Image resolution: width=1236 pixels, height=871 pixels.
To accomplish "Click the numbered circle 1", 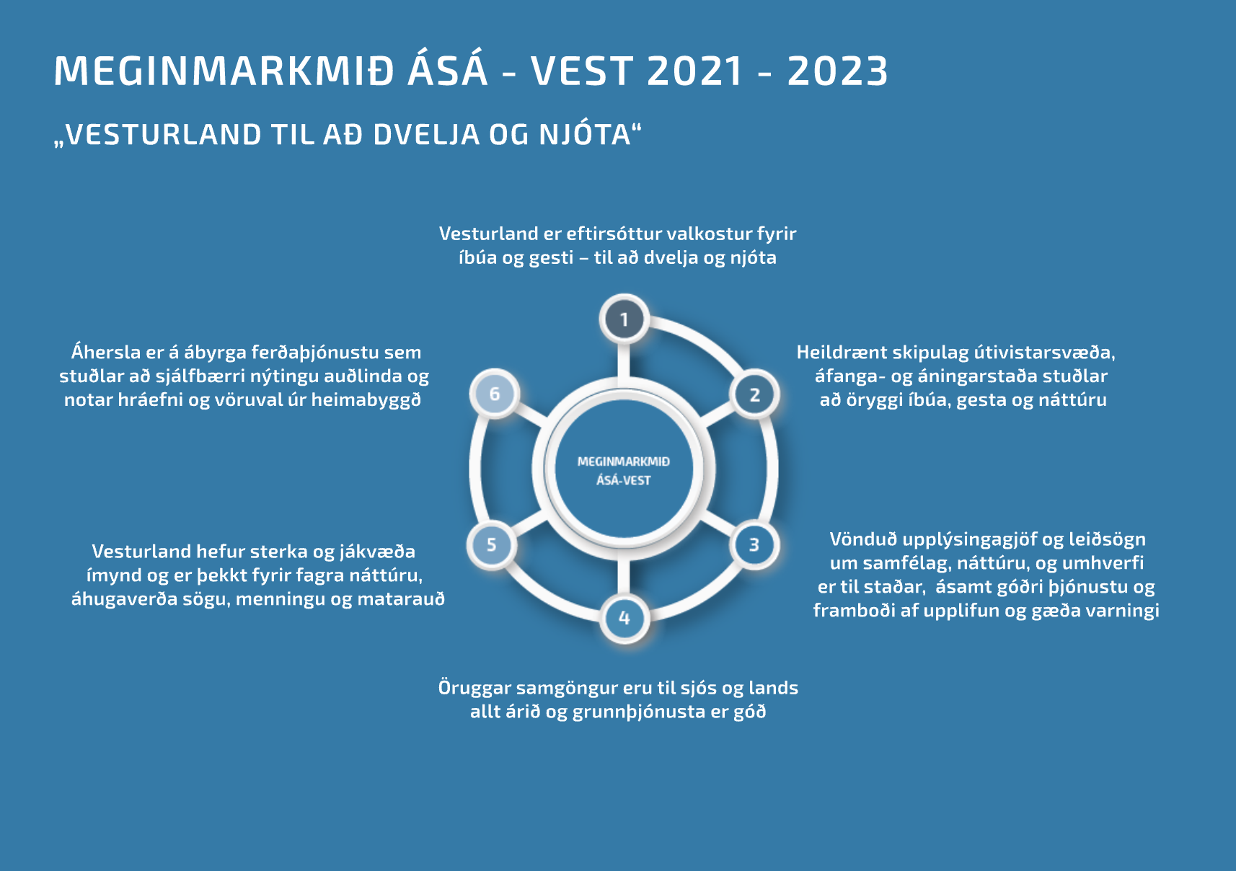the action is click(624, 319).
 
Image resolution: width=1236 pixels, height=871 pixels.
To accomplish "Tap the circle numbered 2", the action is click(754, 394).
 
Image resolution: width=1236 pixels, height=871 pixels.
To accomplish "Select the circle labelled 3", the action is click(754, 544).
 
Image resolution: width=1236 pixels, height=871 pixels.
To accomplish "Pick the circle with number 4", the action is click(624, 618).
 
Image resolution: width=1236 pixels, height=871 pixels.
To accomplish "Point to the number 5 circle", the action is click(492, 544).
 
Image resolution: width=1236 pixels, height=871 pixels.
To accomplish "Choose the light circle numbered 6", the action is click(495, 394).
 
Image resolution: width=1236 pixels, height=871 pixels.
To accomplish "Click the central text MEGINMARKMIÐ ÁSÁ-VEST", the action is click(624, 471).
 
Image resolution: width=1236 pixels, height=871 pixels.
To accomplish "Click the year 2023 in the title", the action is click(838, 71).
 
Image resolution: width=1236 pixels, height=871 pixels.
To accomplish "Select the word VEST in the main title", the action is click(581, 71).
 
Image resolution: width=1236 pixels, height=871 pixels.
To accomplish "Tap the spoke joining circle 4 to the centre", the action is click(624, 576).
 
